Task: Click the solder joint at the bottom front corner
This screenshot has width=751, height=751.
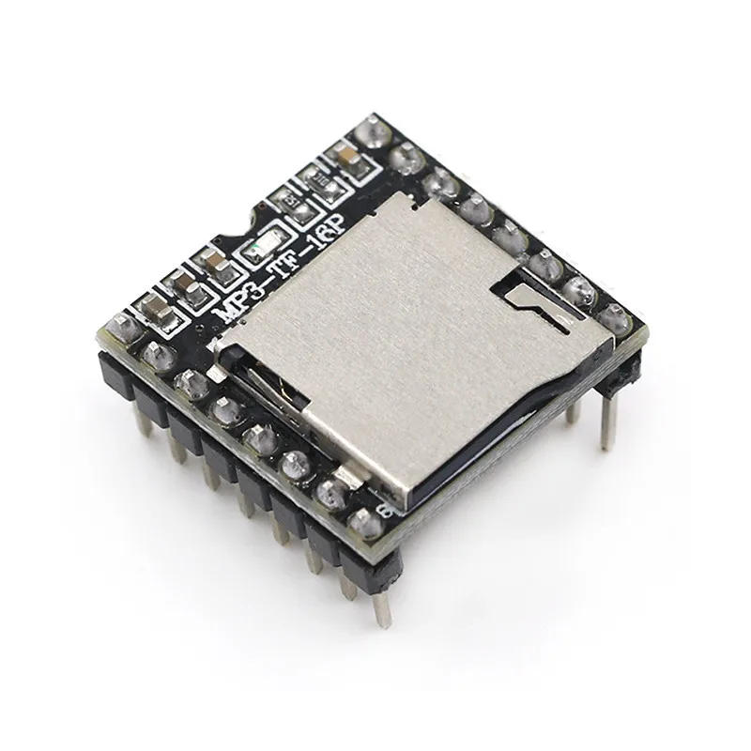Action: tap(360, 523)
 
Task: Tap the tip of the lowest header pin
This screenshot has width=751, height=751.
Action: tap(381, 620)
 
